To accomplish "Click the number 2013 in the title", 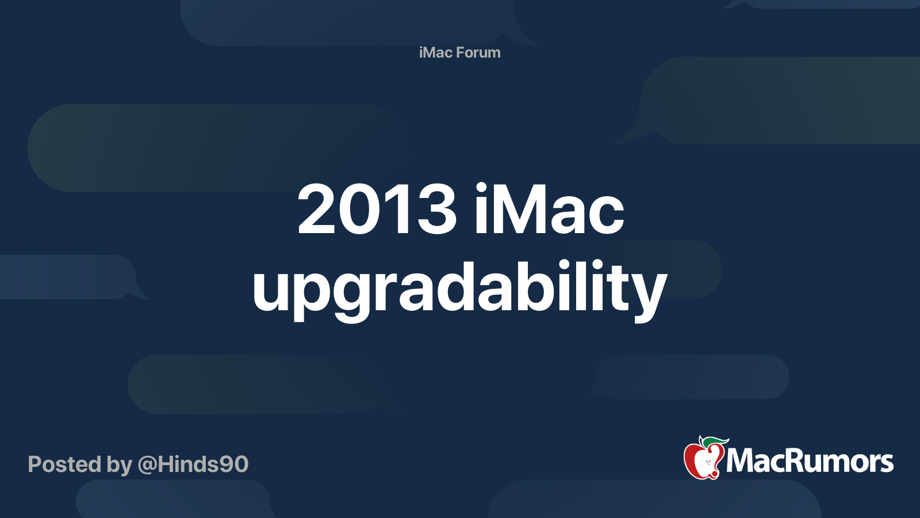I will [x=377, y=210].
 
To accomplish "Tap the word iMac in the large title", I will [x=549, y=210].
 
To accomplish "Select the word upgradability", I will [x=459, y=288].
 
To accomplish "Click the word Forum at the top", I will [x=478, y=52].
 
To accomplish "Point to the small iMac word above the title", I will [x=436, y=52].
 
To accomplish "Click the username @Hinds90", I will [x=193, y=464].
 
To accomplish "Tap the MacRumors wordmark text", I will [x=810, y=462].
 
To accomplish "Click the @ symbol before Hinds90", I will [x=147, y=464].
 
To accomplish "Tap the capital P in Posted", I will [x=35, y=464].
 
